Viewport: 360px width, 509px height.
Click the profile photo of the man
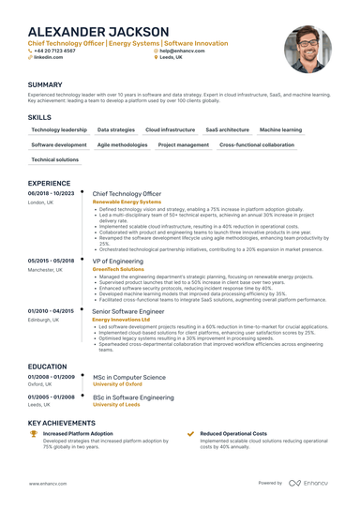[x=307, y=50]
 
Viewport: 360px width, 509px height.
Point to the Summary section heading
[x=46, y=84]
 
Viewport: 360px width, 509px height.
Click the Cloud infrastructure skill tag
[x=171, y=129]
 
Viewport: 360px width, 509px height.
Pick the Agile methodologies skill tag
[x=122, y=145]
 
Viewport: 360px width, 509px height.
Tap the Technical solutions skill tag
[x=55, y=160]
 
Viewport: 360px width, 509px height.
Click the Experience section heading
[x=50, y=183]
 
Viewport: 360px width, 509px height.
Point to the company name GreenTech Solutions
[x=118, y=269]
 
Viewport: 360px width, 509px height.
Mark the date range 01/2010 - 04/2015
[x=51, y=310]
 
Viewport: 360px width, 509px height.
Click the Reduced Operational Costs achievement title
[x=233, y=434]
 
